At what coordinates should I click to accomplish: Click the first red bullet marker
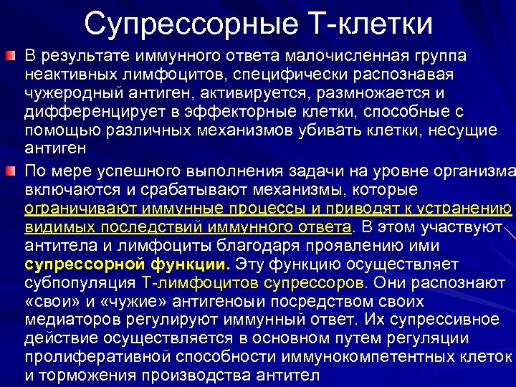(10, 55)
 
